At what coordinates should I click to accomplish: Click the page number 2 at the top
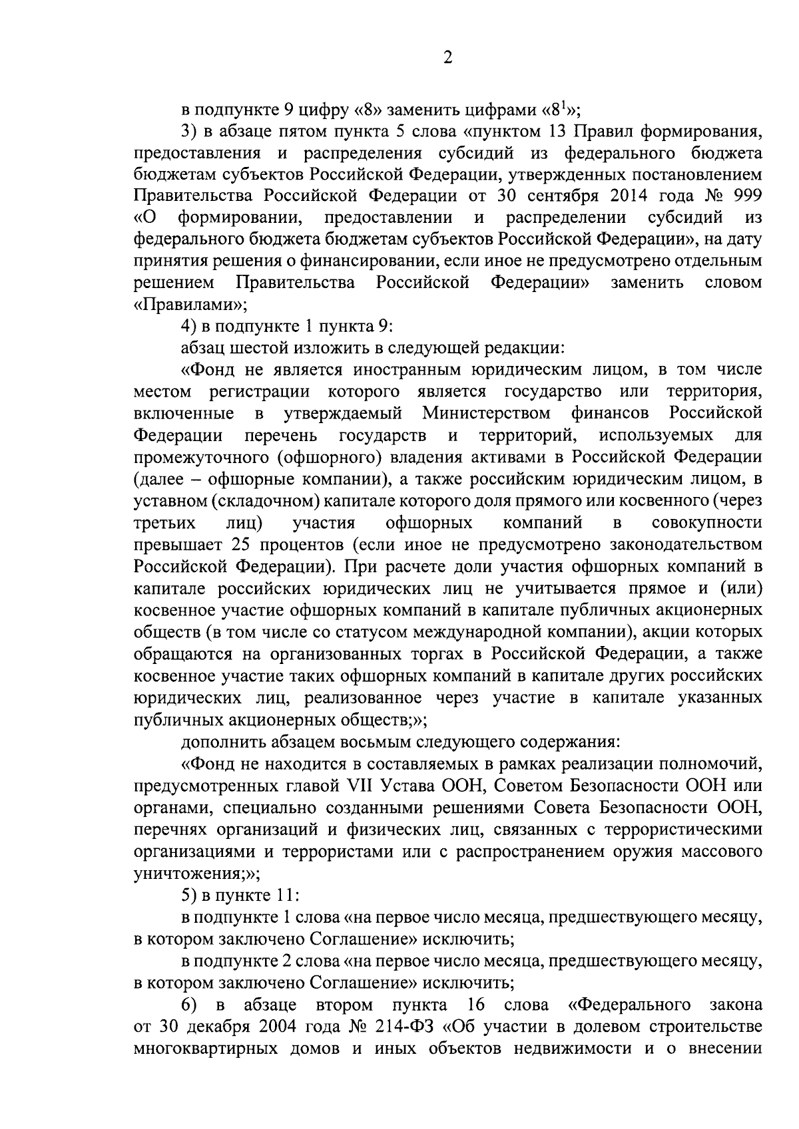(x=447, y=58)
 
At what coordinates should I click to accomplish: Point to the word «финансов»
(x=610, y=413)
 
